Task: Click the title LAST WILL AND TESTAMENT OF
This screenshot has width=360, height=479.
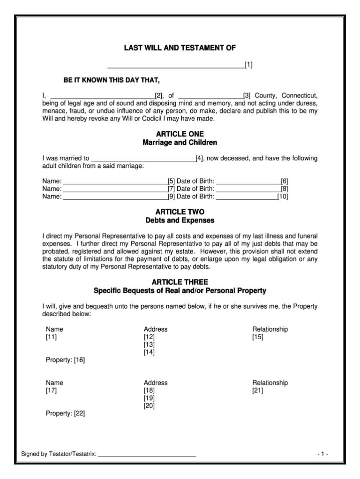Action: click(180, 48)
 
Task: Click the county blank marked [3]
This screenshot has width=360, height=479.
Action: click(210, 96)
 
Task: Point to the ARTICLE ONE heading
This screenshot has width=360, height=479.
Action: click(180, 134)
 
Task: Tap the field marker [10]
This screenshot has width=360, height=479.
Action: click(283, 197)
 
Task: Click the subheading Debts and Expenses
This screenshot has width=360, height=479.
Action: click(180, 220)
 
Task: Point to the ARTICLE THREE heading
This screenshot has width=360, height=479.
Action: click(180, 282)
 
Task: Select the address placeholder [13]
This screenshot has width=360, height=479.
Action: click(149, 345)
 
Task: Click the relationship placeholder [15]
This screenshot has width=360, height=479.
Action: click(258, 337)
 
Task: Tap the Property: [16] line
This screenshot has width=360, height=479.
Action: click(65, 360)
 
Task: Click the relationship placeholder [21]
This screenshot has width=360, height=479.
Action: click(258, 390)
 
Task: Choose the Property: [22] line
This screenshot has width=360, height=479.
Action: click(65, 414)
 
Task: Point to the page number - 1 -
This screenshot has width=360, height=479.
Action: click(322, 454)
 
